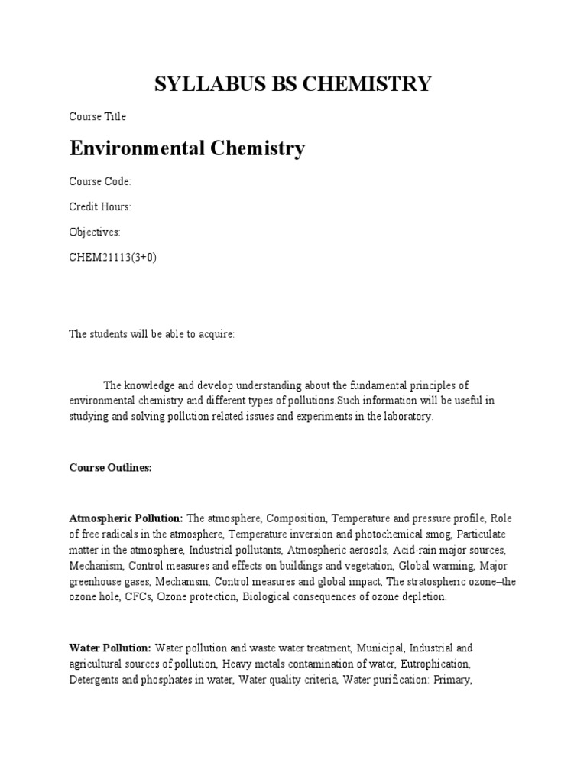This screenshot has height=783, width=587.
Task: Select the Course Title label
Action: [x=98, y=117]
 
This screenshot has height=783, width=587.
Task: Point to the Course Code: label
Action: [x=100, y=181]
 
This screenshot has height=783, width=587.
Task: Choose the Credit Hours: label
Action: [x=101, y=206]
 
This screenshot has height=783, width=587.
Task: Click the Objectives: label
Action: [x=95, y=232]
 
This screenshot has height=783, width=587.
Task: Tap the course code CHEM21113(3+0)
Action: [x=113, y=257]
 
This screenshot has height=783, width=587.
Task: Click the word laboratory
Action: [x=406, y=416]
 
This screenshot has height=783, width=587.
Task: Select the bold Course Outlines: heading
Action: [x=111, y=467]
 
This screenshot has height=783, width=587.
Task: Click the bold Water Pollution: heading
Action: [x=110, y=647]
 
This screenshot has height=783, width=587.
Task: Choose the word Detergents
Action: [x=96, y=678]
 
